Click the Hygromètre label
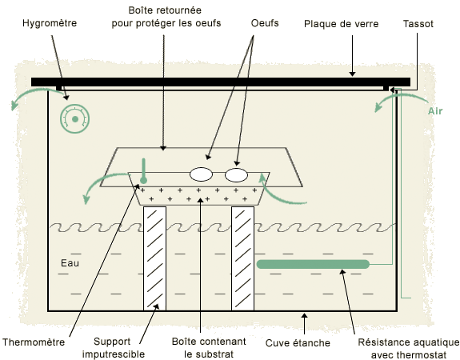tap(50, 23)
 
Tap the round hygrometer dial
tap(75, 119)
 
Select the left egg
tap(201, 174)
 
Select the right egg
tap(236, 175)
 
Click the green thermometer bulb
tap(143, 180)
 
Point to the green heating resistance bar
tap(313, 264)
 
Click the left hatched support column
tap(154, 258)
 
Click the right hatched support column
tap(242, 258)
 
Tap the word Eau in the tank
tap(70, 263)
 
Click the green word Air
tap(435, 111)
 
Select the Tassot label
tap(418, 24)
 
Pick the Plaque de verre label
tap(341, 24)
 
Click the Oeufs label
tap(265, 23)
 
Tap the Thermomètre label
tap(34, 342)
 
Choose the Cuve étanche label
tap(298, 342)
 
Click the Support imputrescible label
tap(114, 348)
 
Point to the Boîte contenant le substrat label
tap(209, 348)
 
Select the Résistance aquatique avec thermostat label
tap(409, 348)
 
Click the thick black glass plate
tap(221, 82)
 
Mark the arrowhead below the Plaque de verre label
tap(352, 74)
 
